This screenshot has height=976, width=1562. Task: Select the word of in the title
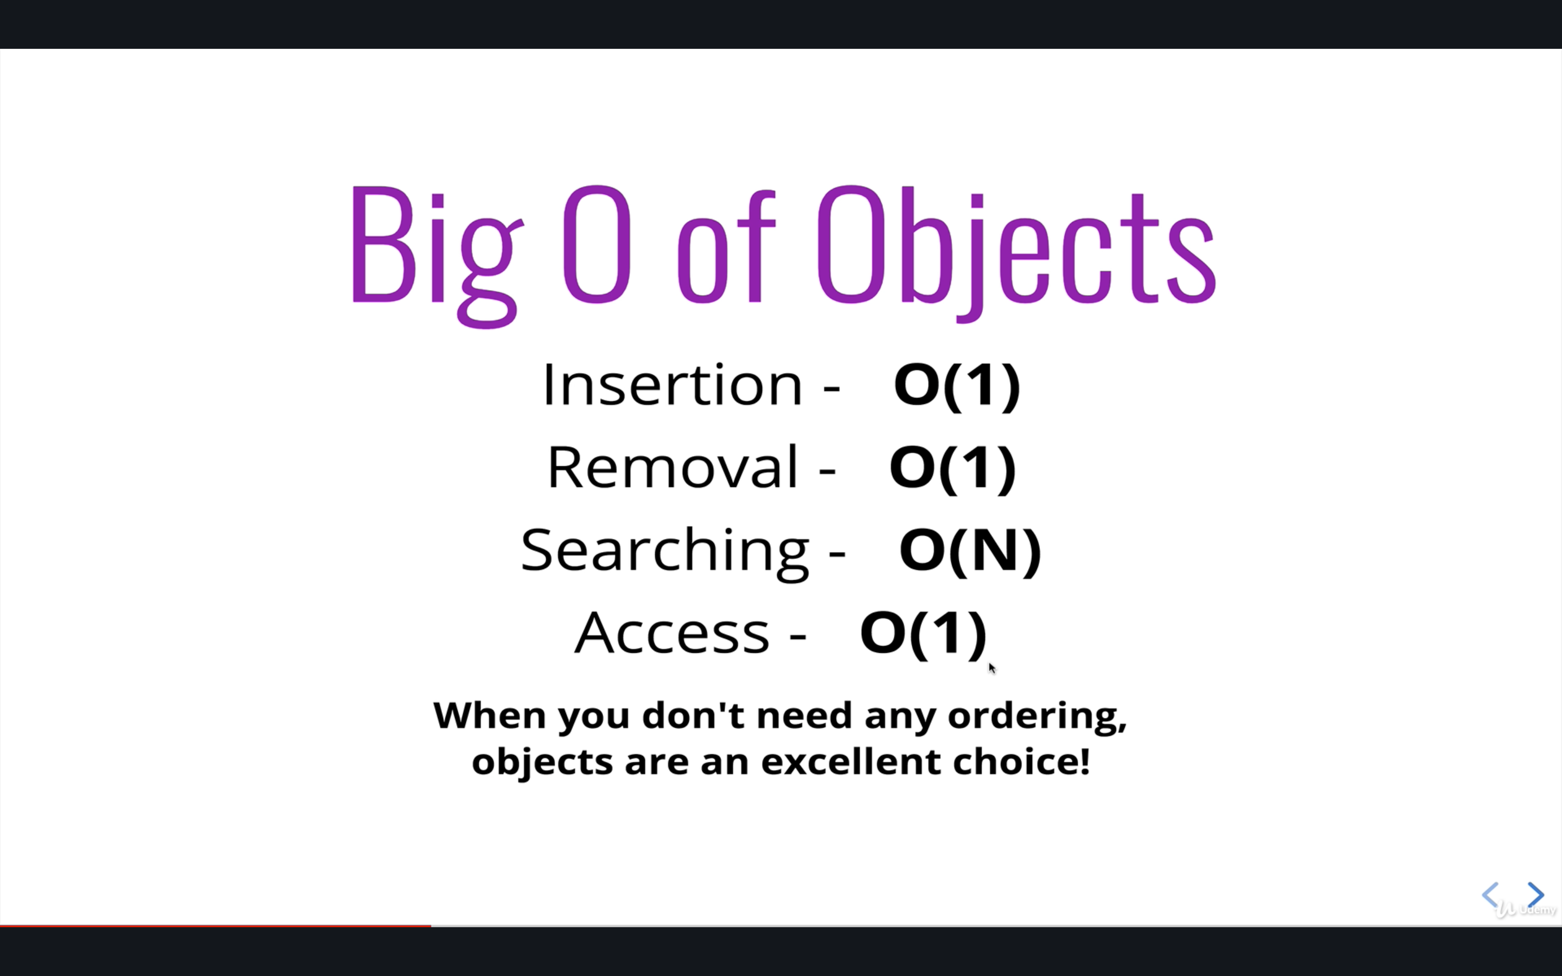(726, 248)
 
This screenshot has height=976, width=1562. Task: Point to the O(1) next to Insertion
(957, 386)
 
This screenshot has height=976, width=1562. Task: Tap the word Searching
(665, 550)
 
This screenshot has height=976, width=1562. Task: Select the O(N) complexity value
(970, 550)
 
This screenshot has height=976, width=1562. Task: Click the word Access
(672, 633)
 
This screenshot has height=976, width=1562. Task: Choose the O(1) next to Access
(923, 633)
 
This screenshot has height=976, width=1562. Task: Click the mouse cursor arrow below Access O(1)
(992, 668)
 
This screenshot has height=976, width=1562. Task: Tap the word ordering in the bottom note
(1036, 716)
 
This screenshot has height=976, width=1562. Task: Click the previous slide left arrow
(1490, 895)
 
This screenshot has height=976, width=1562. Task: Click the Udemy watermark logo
(1527, 909)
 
